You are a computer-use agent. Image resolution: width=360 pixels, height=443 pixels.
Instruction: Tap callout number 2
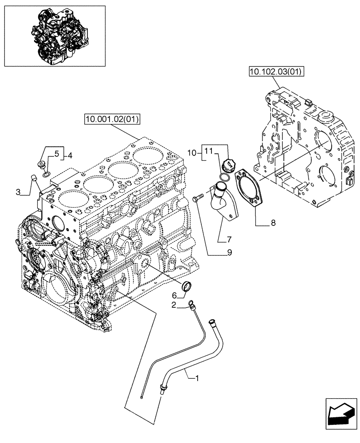click(x=174, y=304)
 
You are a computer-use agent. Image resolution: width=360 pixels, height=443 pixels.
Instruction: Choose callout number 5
click(x=56, y=154)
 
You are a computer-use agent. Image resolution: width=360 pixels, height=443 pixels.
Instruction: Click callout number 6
click(x=174, y=295)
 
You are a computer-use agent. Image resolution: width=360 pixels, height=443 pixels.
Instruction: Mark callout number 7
click(x=229, y=240)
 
